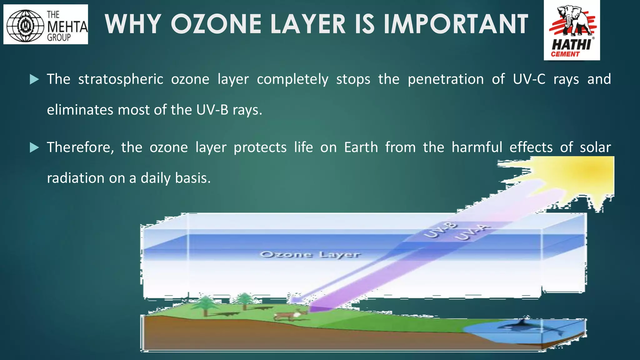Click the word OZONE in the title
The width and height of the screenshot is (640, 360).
click(216, 24)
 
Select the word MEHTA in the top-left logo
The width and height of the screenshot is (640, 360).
click(67, 26)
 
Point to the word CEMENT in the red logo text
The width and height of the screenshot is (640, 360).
click(565, 54)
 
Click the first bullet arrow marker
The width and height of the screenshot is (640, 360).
click(34, 79)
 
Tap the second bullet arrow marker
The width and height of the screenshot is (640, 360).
click(34, 147)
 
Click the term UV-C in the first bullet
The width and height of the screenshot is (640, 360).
click(529, 79)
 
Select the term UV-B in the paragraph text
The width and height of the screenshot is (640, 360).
click(212, 110)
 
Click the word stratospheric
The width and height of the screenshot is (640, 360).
click(121, 79)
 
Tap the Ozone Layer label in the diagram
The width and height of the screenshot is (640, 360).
click(310, 254)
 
